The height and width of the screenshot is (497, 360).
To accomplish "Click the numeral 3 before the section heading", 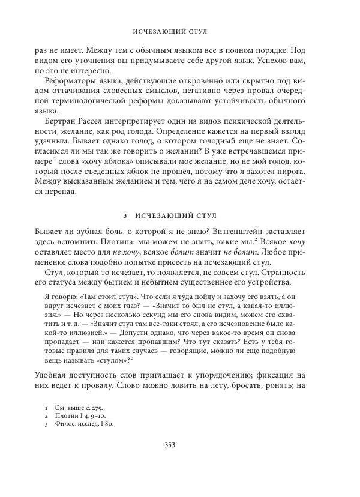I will pos(124,215).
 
